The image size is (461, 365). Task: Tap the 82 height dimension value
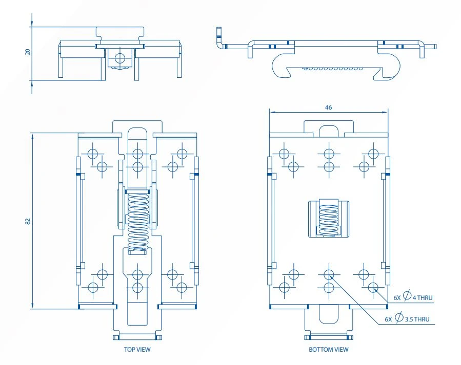pos(28,221)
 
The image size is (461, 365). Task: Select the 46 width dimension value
pos(328,108)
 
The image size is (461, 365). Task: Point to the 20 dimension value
pos(28,52)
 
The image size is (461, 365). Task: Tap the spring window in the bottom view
pos(328,219)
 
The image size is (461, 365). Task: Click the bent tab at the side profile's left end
pos(220,40)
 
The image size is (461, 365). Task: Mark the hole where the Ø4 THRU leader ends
pos(373,287)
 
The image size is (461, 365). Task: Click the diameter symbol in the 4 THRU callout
pos(407,296)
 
